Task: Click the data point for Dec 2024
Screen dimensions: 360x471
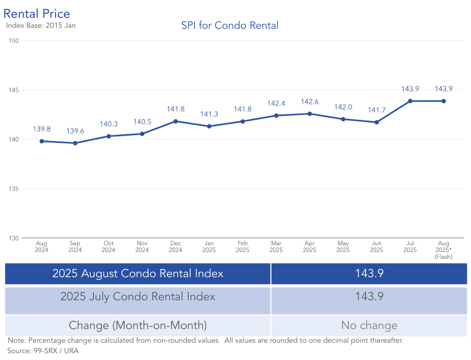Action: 176,121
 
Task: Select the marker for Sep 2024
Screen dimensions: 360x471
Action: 75,143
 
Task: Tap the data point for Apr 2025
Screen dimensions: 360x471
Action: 309,113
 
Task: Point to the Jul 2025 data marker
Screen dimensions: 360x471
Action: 410,101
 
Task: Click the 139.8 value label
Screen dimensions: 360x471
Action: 41,129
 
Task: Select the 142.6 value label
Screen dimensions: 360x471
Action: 309,102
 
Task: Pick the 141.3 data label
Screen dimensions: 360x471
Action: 209,114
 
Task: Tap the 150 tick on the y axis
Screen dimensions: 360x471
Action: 14,41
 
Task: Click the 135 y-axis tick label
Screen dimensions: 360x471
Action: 14,189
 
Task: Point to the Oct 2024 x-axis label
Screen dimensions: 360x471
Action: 109,247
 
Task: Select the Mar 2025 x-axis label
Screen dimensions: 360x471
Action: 276,247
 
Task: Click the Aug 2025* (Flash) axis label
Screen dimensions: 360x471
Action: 443,250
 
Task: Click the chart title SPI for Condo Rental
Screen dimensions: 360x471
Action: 230,25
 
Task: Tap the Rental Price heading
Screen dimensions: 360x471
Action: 37,14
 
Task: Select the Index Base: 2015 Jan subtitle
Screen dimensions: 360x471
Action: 37,25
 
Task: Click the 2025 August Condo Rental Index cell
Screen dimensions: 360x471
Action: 137,274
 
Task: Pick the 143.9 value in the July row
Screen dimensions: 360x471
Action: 369,297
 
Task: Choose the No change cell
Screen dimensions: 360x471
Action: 369,325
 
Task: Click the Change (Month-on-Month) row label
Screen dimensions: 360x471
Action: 137,325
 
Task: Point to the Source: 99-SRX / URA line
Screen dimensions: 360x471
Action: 43,351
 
